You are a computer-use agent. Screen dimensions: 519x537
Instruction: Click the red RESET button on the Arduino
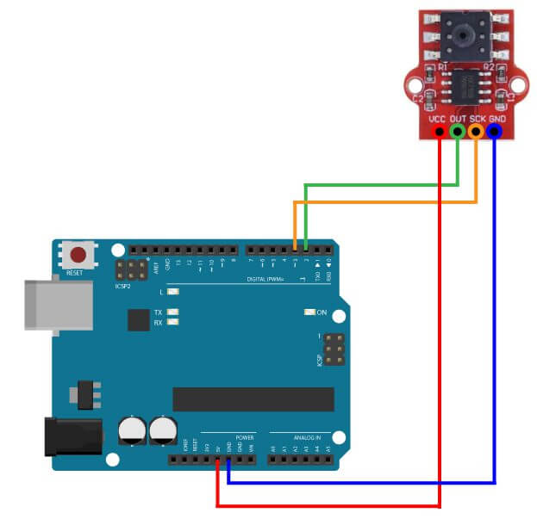(x=78, y=256)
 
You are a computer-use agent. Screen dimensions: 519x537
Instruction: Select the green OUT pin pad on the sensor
(x=459, y=132)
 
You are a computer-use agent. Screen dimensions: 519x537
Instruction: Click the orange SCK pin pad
(x=477, y=132)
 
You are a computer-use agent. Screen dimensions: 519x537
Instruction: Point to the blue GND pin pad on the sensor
(x=495, y=132)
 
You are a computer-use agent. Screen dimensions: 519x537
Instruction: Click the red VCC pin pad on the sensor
(x=440, y=132)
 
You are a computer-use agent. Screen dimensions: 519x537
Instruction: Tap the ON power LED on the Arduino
(x=310, y=312)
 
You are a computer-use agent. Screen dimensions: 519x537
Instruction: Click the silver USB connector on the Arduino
(x=57, y=303)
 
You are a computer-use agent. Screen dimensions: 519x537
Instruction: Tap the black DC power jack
(x=73, y=437)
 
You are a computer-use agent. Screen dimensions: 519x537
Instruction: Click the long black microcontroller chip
(x=253, y=399)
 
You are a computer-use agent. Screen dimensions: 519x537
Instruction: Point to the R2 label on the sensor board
(x=488, y=66)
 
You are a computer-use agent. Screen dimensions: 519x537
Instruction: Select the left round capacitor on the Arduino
(x=133, y=430)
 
